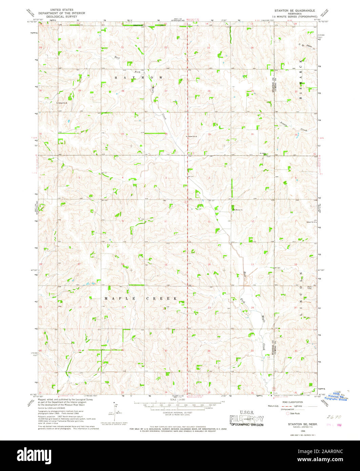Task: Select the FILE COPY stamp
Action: pos(246,419)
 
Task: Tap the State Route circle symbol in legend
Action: pos(288,413)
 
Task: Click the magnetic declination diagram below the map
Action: pos(116,411)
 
